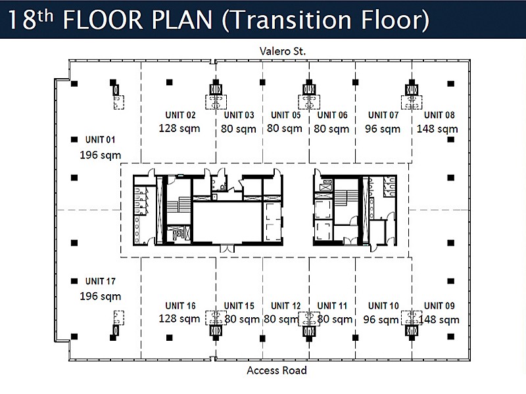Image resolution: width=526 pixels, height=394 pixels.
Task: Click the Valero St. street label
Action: pos(283,51)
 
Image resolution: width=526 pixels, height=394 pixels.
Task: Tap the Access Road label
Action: pos(277,370)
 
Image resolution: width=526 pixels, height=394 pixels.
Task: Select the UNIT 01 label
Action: pos(101,139)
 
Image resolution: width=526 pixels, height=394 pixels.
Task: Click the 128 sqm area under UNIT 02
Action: pos(179,128)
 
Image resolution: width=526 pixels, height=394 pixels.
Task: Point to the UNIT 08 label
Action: pos(439,115)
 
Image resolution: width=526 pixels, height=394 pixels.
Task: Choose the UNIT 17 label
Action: pos(101,281)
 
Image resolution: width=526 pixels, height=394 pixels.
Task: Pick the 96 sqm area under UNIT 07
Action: pos(383,129)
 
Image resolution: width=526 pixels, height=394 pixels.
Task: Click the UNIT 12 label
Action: pos(286,305)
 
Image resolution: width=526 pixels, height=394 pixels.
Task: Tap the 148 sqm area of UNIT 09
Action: pos(439,320)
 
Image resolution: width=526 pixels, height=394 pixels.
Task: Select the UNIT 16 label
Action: pos(180,305)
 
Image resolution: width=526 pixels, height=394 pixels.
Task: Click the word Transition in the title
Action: pos(290,20)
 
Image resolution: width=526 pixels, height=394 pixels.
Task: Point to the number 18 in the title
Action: pos(22,20)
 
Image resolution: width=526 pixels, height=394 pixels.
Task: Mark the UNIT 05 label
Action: pos(286,115)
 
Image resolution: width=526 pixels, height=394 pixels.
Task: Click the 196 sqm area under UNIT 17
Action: pos(101,296)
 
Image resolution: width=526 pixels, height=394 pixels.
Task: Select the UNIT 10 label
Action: pos(383,305)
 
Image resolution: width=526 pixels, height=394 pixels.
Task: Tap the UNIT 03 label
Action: pos(239,115)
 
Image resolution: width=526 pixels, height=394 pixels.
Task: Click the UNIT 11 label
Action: pos(332,305)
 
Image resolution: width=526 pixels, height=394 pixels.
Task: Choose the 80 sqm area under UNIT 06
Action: pos(331,129)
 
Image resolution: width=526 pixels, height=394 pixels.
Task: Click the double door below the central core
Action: pos(227,249)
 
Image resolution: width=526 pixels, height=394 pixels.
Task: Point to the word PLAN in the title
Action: pos(182,20)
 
